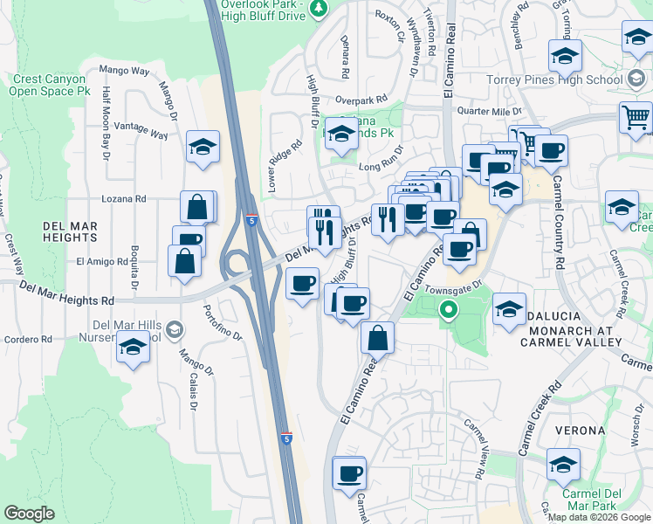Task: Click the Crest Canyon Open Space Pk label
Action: point(52,85)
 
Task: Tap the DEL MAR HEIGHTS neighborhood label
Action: point(71,231)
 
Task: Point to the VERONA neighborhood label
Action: point(578,431)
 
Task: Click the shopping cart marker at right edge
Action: point(636,117)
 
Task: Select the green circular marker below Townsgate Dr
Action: point(449,309)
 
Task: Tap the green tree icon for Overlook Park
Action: point(320,8)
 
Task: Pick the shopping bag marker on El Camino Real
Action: point(377,337)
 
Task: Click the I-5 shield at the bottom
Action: point(286,439)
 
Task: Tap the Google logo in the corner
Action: point(29,514)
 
